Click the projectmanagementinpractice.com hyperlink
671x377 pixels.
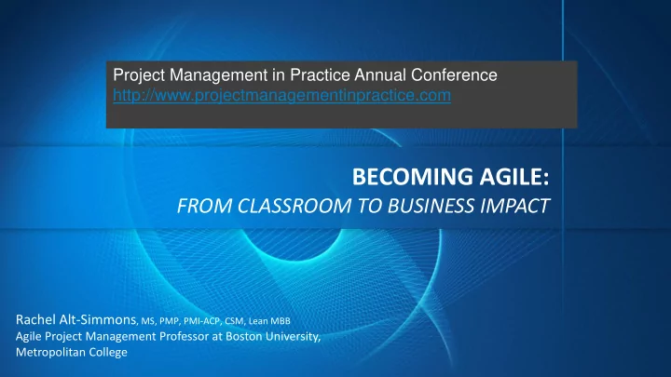tap(282, 95)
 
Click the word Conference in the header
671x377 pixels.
tap(454, 75)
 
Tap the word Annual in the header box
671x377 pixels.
tap(380, 75)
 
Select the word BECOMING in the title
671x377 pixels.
tap(413, 177)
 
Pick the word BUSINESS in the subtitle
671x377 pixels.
tap(431, 206)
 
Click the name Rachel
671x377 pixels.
tap(35, 319)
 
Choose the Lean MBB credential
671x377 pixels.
tap(269, 321)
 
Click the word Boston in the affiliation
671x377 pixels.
tap(244, 336)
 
